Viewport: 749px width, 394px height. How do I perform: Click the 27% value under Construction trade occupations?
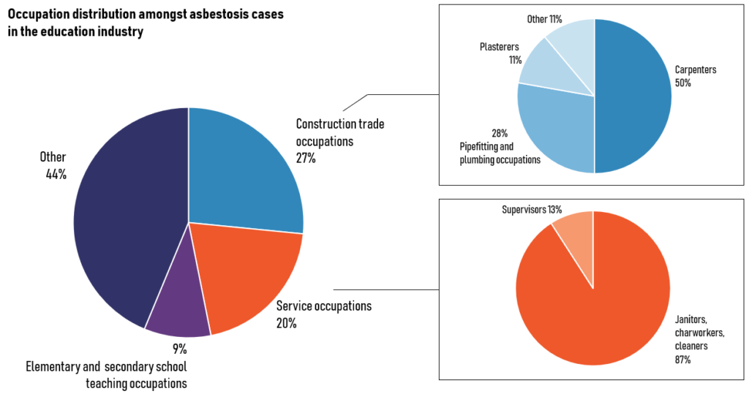point(306,158)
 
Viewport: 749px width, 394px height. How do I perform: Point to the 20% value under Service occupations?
point(286,323)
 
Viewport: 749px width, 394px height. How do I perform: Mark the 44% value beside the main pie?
point(56,174)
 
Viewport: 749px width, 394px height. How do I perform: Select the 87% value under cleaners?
point(682,360)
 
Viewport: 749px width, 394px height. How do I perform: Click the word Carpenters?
point(696,69)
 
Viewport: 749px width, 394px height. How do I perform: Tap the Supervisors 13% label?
point(532,210)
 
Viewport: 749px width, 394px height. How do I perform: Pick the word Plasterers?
point(499,47)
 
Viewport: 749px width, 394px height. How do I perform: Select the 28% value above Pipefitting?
point(500,133)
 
